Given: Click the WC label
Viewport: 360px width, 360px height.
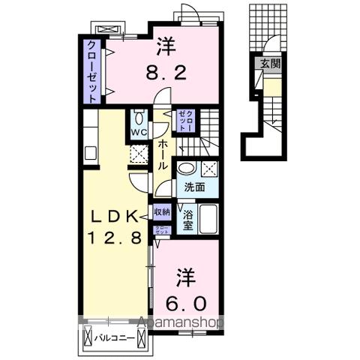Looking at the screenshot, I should point(138,133).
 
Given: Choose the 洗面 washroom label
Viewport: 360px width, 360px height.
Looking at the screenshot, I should point(190,187).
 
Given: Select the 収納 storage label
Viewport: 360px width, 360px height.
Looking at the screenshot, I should point(161,213).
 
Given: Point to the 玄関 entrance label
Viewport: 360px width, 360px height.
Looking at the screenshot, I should point(268,65).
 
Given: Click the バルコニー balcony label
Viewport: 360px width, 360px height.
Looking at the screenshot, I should point(115,338).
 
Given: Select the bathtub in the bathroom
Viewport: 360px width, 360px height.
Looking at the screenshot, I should point(209,219).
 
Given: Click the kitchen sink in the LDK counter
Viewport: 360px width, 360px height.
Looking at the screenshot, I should point(91,154).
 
